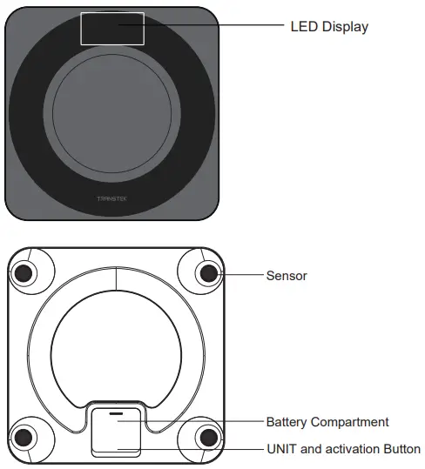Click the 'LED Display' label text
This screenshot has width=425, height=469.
[328, 26]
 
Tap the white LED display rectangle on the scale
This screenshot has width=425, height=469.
[112, 28]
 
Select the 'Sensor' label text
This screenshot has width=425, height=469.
[286, 276]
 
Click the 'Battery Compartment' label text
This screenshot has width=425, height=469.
[327, 422]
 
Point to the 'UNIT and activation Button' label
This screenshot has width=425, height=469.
[342, 449]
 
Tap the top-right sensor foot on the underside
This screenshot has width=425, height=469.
[207, 273]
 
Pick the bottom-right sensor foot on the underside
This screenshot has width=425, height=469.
[207, 437]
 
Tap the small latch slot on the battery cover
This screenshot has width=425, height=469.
[116, 411]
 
